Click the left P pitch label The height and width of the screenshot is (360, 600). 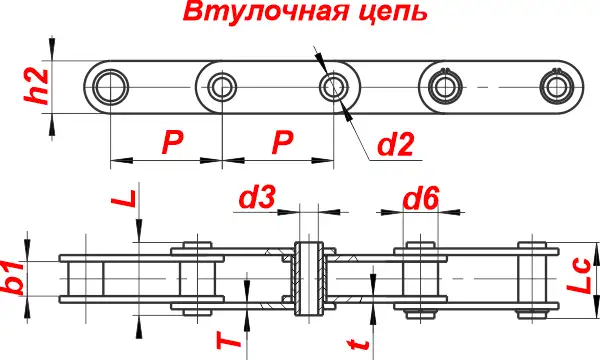point(172,143)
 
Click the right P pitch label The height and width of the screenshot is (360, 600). point(282,143)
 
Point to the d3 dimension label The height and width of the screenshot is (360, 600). point(257,198)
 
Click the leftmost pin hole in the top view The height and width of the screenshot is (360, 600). point(109,86)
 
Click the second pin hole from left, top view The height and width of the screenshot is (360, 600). point(221,86)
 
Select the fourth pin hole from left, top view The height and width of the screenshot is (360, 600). point(443,85)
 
